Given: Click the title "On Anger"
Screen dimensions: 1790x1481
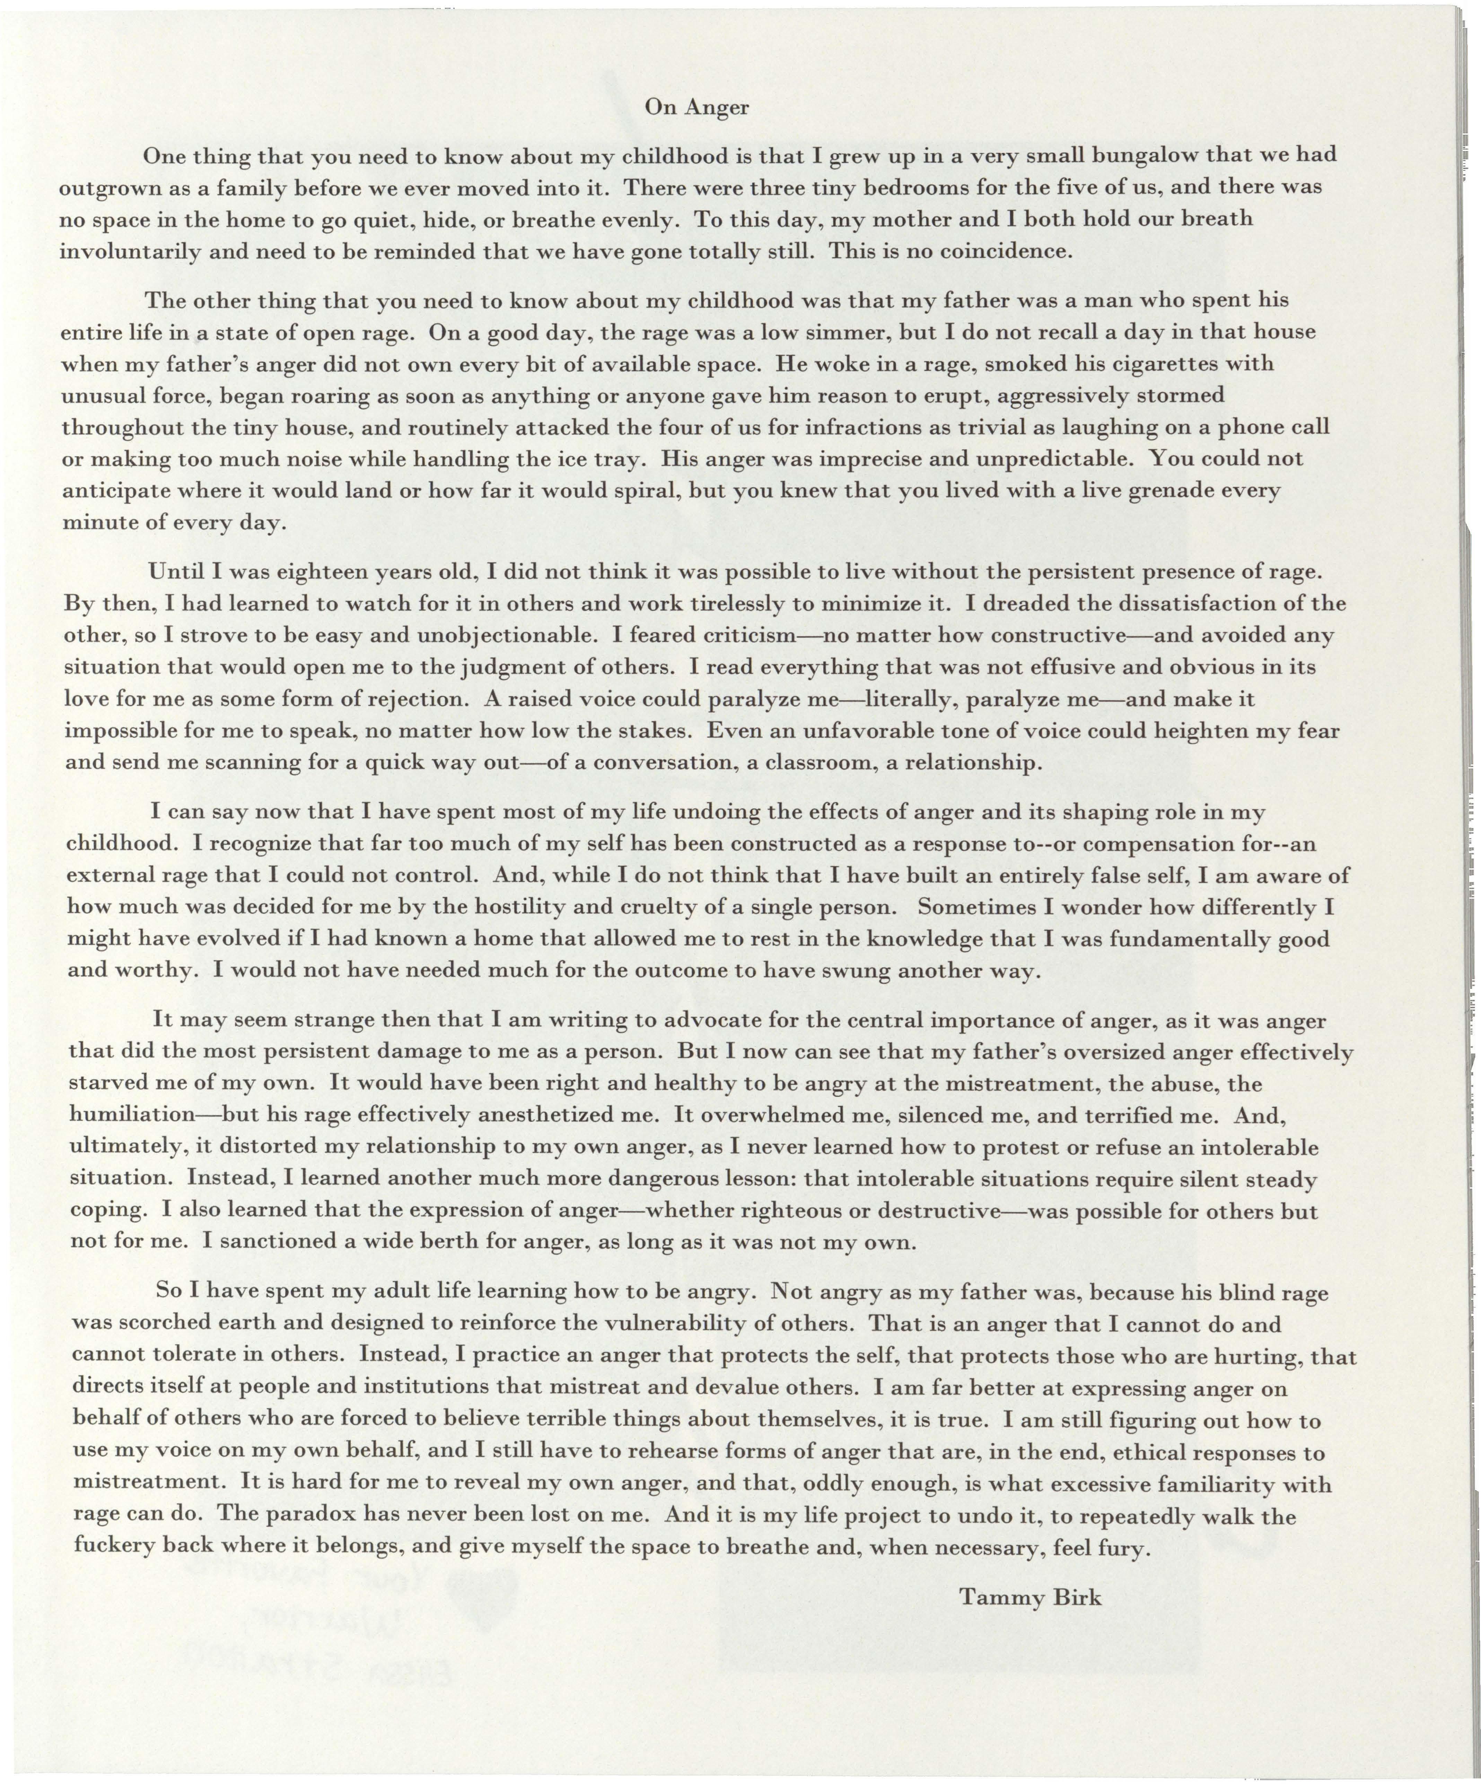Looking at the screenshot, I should [696, 107].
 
